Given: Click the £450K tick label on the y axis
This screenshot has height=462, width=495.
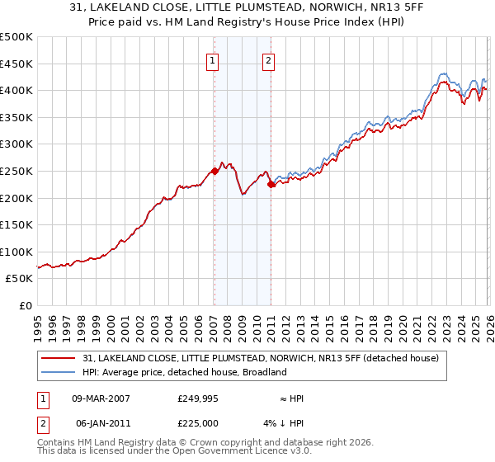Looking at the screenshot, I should point(16,64).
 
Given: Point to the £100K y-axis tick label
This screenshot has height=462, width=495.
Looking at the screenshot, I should point(16,252).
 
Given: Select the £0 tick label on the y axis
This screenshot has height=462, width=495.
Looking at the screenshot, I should point(26,305).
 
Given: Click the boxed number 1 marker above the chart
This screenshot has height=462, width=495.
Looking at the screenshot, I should point(214,59).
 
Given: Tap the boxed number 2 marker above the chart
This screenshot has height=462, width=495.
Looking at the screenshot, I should point(270,59).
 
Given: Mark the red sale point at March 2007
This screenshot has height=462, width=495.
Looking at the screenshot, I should point(214,171).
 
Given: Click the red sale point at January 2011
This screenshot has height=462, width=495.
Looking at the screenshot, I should point(271,184).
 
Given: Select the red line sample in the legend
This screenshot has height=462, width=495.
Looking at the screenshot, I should point(59,358).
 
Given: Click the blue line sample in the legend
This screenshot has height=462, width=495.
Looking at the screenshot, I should point(59,372).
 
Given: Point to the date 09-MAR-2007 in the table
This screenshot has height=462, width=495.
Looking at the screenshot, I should point(101,398).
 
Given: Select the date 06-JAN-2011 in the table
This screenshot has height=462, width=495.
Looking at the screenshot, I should point(101,422).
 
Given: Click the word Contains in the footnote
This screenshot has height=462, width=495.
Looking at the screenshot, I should point(57,444).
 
